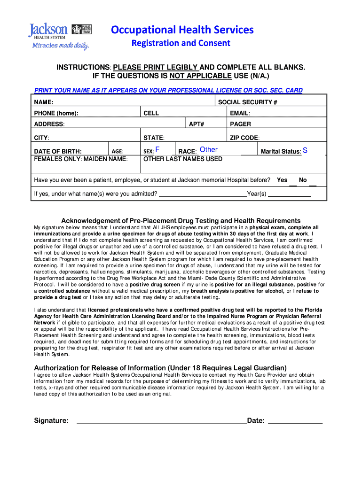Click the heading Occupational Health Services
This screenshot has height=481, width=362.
(182, 30)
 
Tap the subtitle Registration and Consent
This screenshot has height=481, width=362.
(181, 44)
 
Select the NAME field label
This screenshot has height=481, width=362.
(44, 102)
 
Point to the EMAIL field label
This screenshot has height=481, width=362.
(240, 113)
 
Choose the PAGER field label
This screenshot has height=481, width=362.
(240, 124)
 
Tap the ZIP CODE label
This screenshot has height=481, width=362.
(244, 138)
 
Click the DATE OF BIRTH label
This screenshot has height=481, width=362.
(58, 151)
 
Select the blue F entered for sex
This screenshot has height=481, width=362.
(157, 150)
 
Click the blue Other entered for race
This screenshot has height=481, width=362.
(209, 150)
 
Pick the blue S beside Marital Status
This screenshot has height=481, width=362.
(306, 150)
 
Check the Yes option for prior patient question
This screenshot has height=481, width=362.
(282, 180)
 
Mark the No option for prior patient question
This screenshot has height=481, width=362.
(303, 180)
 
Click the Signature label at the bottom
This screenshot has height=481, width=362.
(51, 420)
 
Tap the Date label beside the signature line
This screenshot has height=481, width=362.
(256, 420)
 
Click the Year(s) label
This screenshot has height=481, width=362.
(257, 194)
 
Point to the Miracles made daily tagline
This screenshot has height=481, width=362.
(60, 45)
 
